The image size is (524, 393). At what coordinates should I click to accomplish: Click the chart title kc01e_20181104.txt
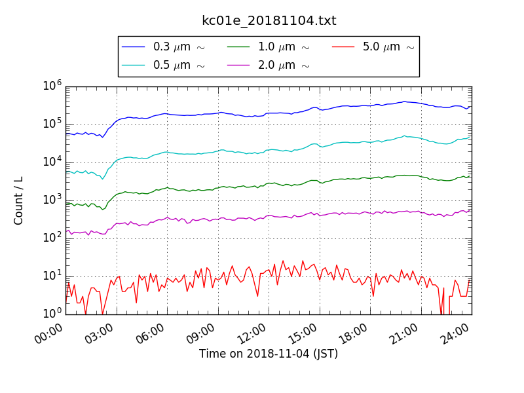click(269, 21)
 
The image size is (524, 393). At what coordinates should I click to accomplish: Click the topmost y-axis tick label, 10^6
click(52, 86)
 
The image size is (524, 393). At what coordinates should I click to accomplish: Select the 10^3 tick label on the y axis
click(52, 200)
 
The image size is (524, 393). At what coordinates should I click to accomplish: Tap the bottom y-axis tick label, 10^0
click(52, 313)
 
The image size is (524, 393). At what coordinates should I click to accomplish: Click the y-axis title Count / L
click(19, 200)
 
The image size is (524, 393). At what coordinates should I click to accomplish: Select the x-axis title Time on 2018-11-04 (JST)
click(269, 354)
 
